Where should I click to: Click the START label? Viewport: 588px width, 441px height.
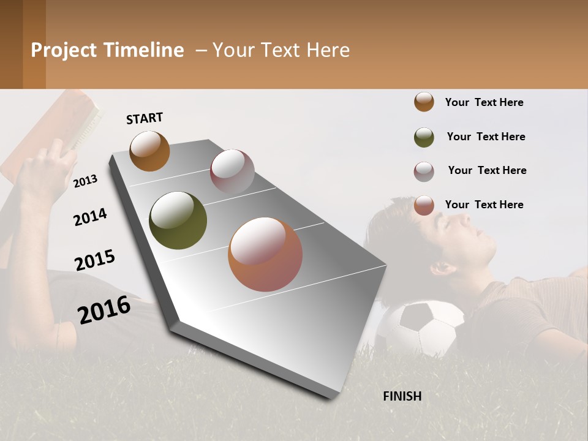pos(145,118)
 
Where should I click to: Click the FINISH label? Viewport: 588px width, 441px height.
pos(402,396)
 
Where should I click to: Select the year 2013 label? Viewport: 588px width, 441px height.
pos(85,181)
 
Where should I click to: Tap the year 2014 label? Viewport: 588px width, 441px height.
pos(90,217)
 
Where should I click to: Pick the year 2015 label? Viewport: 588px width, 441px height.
pos(95,260)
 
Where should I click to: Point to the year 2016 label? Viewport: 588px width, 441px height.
pos(104,309)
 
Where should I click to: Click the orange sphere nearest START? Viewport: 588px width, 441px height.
pos(149,151)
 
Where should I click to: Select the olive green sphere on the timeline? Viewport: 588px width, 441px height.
pos(178,221)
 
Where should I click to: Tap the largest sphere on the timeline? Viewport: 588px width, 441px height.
pos(265,254)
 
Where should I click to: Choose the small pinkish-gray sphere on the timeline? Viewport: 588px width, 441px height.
pos(232,171)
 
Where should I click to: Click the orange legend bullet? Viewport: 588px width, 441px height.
pos(424,102)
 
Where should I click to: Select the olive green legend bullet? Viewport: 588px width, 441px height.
pos(424,137)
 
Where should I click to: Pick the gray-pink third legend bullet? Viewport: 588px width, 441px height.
pos(424,171)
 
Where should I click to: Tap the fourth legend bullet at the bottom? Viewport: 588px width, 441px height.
pos(424,205)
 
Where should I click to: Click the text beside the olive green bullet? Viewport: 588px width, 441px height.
pos(486,137)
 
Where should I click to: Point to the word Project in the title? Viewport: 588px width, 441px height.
pos(64,50)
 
